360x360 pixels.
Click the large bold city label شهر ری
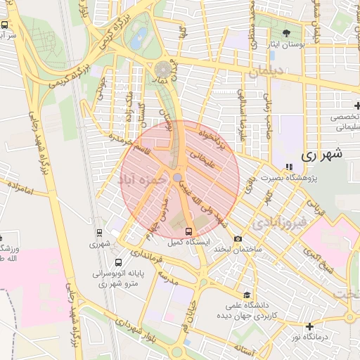323,155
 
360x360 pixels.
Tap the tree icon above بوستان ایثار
285,33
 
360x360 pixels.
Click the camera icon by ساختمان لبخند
238,239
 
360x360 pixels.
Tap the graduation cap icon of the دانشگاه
247,295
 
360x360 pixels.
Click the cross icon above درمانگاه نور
309,326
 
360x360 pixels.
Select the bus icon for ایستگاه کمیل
188,231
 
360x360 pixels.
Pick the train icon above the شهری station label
98,233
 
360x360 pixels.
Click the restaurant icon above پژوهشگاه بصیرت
288,167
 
